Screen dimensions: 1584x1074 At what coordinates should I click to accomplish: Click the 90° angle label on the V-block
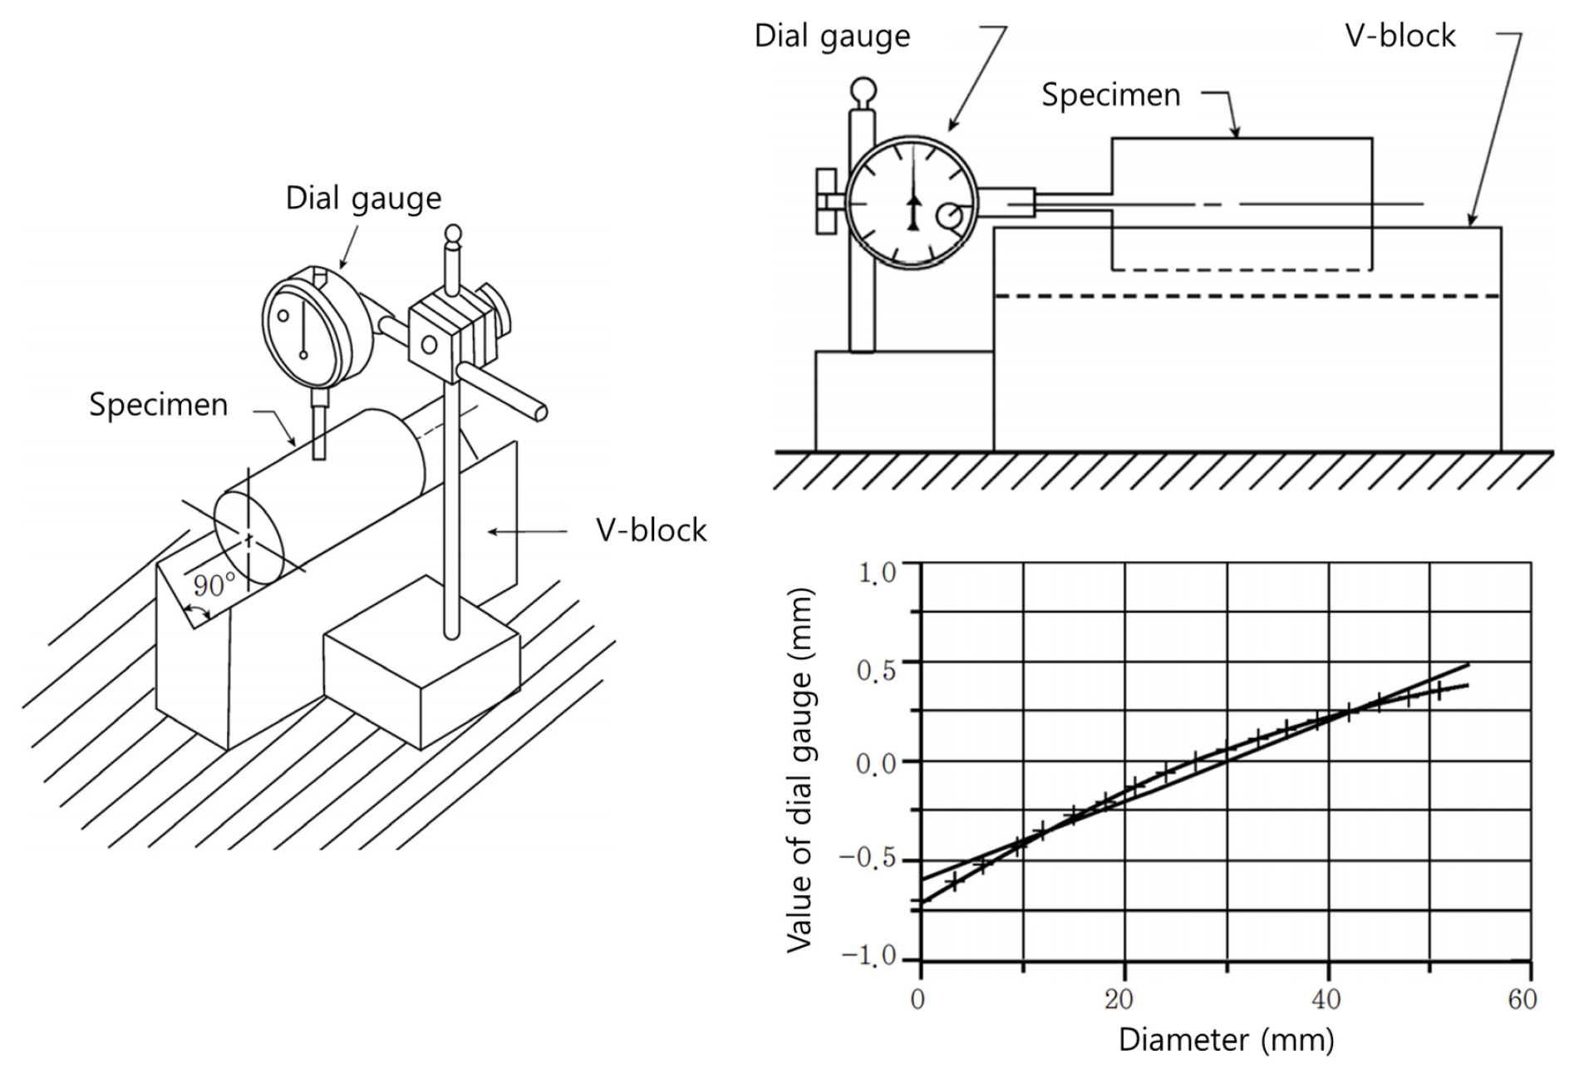tap(214, 585)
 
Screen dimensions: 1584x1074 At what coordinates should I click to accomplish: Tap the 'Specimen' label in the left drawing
tap(158, 405)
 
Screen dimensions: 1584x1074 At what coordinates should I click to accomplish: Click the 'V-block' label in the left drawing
tap(651, 530)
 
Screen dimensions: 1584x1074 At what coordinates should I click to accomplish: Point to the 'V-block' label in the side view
tap(1400, 36)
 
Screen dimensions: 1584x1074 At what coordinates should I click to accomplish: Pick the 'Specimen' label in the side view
tap(1110, 96)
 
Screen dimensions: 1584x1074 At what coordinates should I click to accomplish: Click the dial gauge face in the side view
tap(913, 203)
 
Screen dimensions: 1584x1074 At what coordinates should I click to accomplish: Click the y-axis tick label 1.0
tap(878, 573)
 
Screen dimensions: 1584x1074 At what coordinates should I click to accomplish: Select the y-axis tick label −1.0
tap(869, 956)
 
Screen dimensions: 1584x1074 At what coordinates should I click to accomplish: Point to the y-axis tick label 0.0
tap(877, 763)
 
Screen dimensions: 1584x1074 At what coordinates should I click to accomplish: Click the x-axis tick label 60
tap(1523, 998)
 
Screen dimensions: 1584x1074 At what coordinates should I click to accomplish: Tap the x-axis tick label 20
tap(1119, 998)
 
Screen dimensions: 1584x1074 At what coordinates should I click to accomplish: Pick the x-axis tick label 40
tap(1326, 998)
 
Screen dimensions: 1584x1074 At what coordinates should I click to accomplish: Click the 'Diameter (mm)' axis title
tap(1226, 1040)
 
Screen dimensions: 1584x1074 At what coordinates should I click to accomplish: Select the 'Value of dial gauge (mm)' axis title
tap(799, 770)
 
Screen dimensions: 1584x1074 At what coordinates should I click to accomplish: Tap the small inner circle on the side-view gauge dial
tap(949, 217)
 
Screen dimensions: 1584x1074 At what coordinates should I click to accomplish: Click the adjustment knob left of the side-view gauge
tap(827, 201)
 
